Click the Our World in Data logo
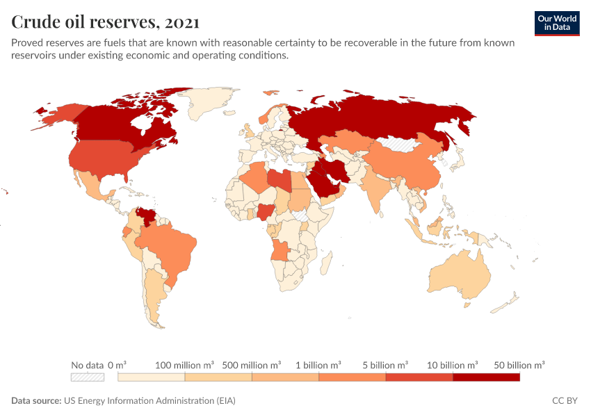[557, 23]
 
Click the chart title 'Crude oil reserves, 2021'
[106, 22]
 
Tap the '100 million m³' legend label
[184, 365]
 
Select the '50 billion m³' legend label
[519, 365]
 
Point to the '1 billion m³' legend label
[319, 365]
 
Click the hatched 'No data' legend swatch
[87, 377]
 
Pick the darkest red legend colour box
[486, 377]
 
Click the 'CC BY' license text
[565, 401]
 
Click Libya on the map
[280, 179]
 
